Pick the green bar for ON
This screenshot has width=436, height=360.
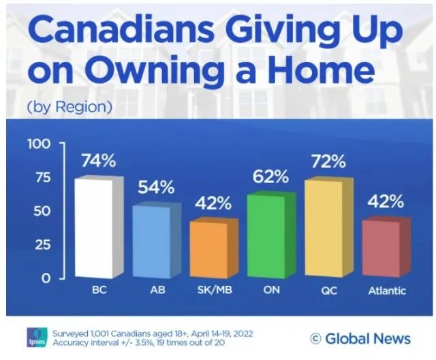(x=266, y=236)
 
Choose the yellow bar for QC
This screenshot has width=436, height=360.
(x=324, y=229)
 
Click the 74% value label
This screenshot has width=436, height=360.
(x=99, y=161)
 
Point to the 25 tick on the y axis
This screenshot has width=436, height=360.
(x=43, y=244)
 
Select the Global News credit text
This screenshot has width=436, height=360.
(x=360, y=338)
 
